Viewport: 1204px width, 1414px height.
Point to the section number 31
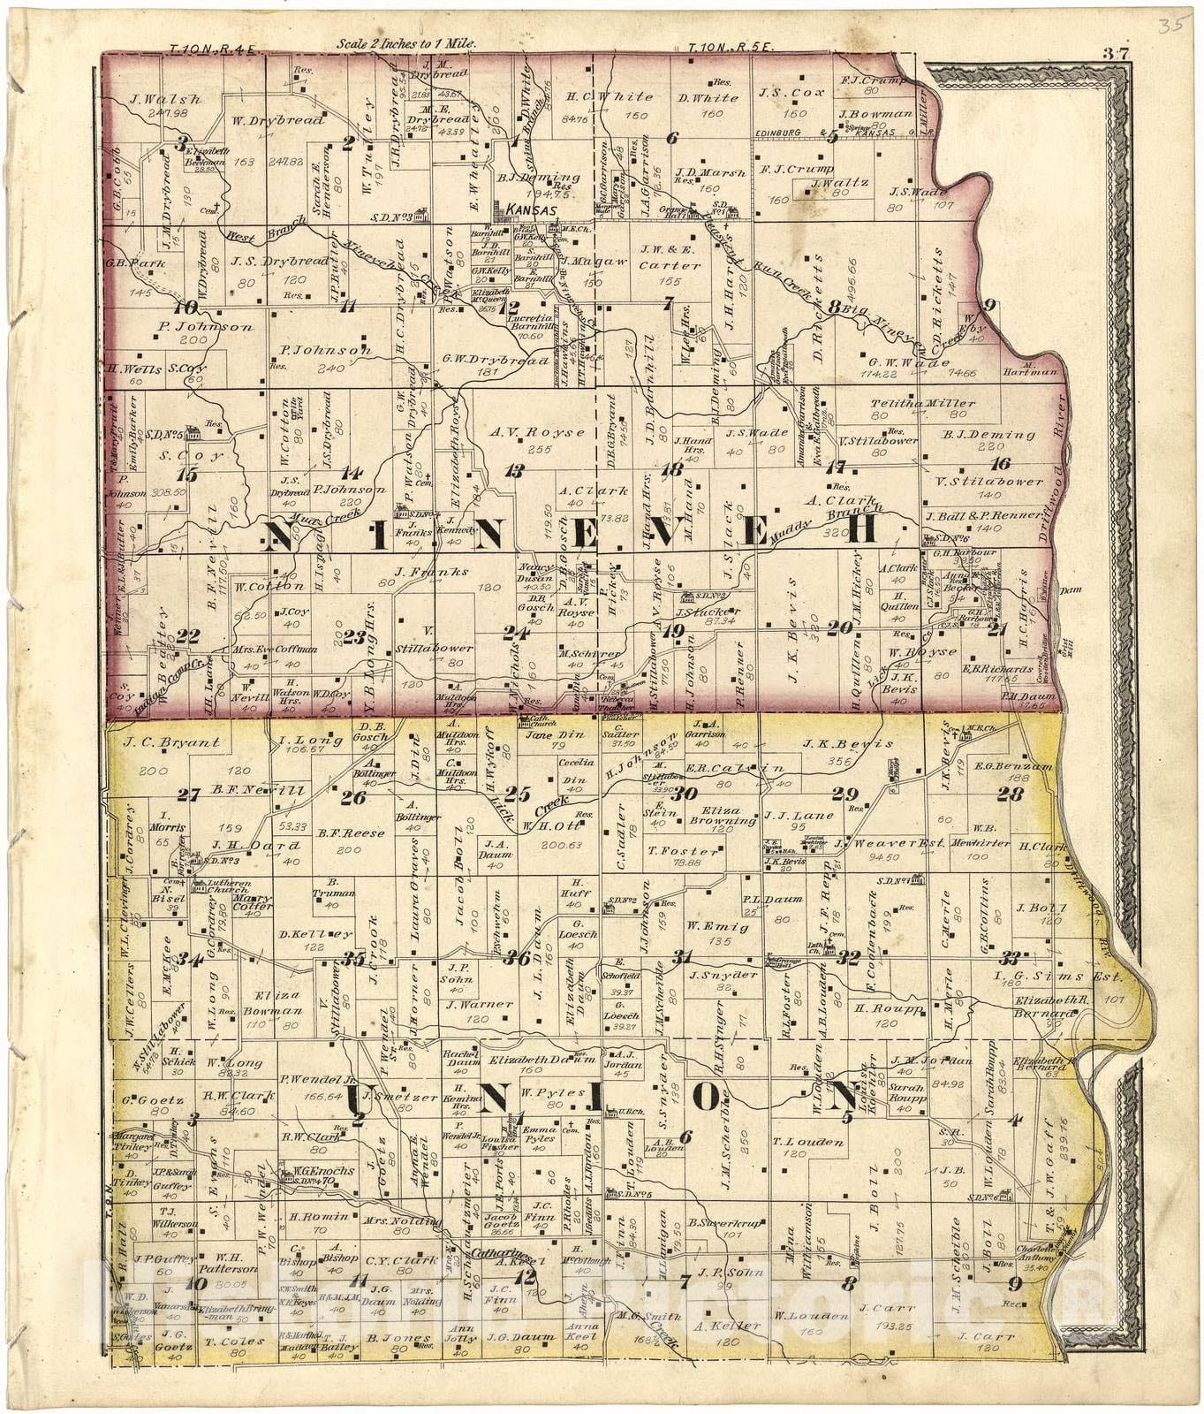[x=682, y=955]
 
